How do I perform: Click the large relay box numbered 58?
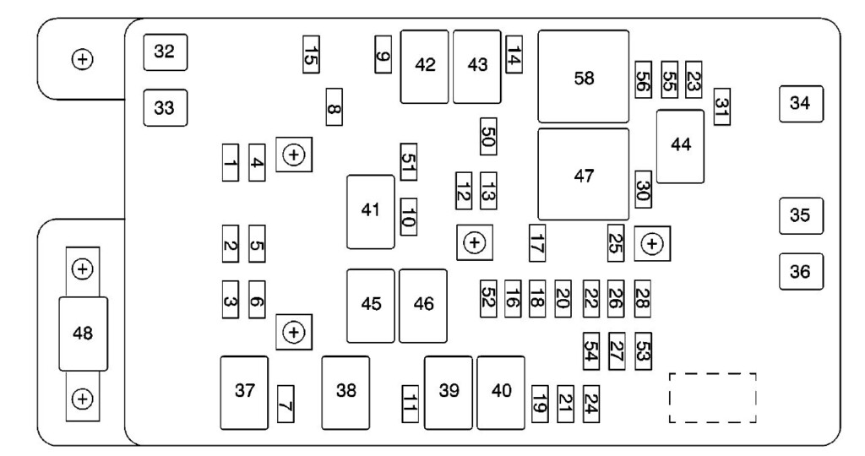pyautogui.click(x=584, y=77)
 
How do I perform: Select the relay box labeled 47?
pyautogui.click(x=584, y=175)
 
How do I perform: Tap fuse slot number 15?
pyautogui.click(x=311, y=54)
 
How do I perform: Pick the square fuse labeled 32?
pyautogui.click(x=166, y=52)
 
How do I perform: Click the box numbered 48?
pyautogui.click(x=84, y=334)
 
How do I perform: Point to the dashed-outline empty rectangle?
pyautogui.click(x=713, y=398)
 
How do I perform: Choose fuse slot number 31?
pyautogui.click(x=722, y=106)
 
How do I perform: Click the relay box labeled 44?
pyautogui.click(x=680, y=146)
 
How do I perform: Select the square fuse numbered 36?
pyautogui.click(x=801, y=271)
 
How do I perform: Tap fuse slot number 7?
pyautogui.click(x=286, y=404)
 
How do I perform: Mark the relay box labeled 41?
pyautogui.click(x=371, y=212)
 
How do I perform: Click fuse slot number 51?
pyautogui.click(x=409, y=161)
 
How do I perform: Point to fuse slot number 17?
pyautogui.click(x=537, y=242)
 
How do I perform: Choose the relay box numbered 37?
pyautogui.click(x=244, y=393)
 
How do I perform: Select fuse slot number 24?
pyautogui.click(x=591, y=404)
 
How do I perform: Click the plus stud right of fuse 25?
pyautogui.click(x=652, y=243)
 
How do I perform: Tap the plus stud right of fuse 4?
pyautogui.click(x=294, y=155)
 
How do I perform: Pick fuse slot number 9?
pyautogui.click(x=384, y=54)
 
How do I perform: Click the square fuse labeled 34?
pyautogui.click(x=801, y=104)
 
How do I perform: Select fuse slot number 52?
pyautogui.click(x=488, y=299)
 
